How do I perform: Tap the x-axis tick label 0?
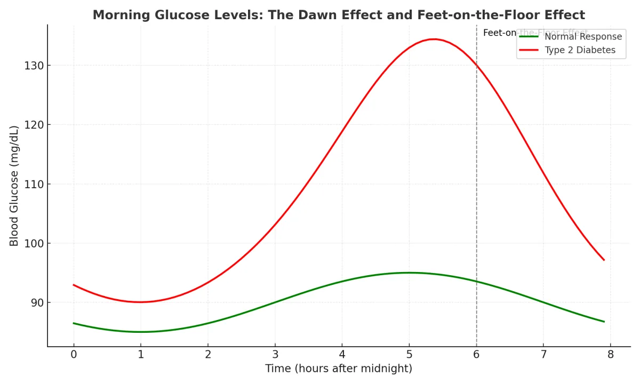click(x=74, y=354)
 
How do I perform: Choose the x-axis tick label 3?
click(x=275, y=354)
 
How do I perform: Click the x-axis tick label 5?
click(x=409, y=354)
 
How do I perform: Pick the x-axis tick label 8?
click(x=611, y=354)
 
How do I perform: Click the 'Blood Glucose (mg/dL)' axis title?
click(x=14, y=186)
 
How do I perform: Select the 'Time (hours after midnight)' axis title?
click(x=339, y=369)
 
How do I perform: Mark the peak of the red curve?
click(x=434, y=39)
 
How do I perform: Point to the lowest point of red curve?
click(x=140, y=302)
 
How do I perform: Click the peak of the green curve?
click(x=409, y=273)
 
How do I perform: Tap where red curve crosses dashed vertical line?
click(x=476, y=66)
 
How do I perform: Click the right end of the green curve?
click(x=604, y=322)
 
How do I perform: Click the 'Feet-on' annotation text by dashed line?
click(x=499, y=33)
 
